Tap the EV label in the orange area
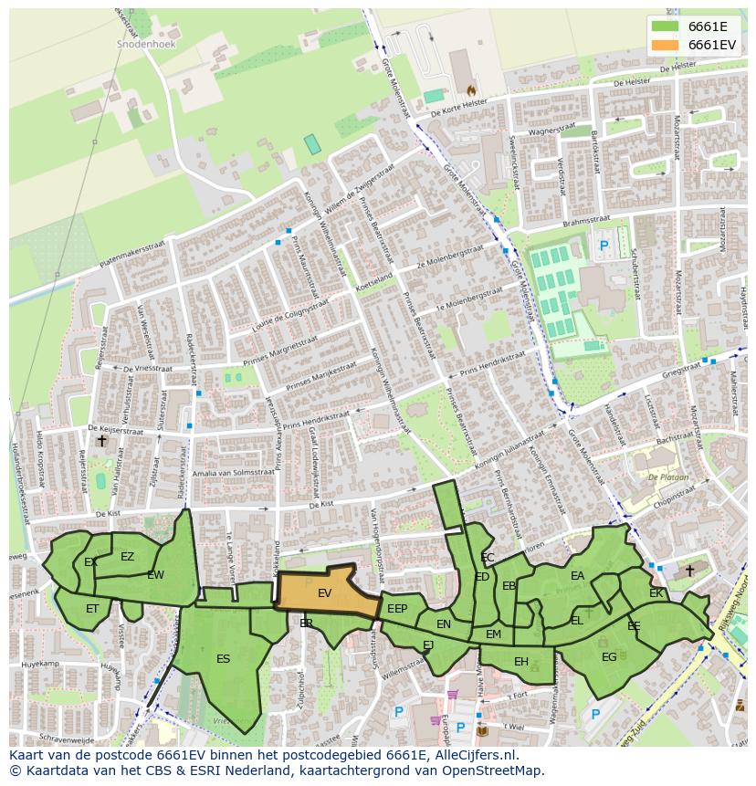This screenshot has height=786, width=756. pyautogui.click(x=324, y=593)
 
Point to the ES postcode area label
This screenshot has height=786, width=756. pyautogui.click(x=223, y=658)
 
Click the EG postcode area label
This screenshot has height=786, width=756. pyautogui.click(x=609, y=656)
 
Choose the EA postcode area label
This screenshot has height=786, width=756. pyautogui.click(x=577, y=576)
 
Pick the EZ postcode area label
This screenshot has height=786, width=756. pyautogui.click(x=127, y=557)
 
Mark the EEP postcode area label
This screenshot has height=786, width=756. pyautogui.click(x=397, y=609)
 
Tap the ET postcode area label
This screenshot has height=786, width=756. pyautogui.click(x=92, y=609)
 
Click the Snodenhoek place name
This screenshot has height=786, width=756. pyautogui.click(x=146, y=43)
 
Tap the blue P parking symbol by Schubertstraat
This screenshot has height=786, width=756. pyautogui.click(x=604, y=246)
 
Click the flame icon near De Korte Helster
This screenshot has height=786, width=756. pyautogui.click(x=471, y=90)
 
